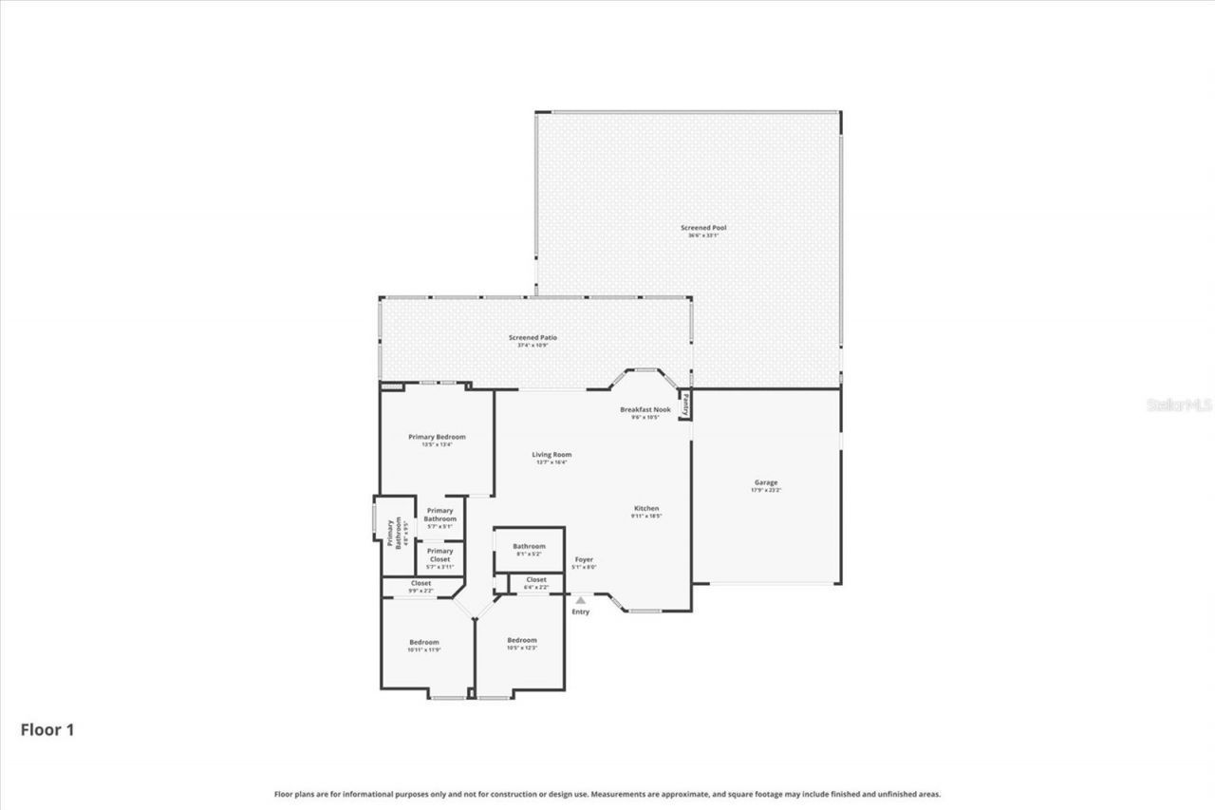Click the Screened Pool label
[x=702, y=228]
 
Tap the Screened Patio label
[x=533, y=337]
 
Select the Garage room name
[x=765, y=482]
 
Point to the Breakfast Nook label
[x=645, y=409]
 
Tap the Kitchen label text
[x=645, y=508]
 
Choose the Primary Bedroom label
[x=437, y=437]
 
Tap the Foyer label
[x=585, y=560]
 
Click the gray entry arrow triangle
[x=580, y=600]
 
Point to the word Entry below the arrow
[x=580, y=612]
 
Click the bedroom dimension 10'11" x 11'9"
[x=424, y=650]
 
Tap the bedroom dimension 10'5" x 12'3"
[x=522, y=648]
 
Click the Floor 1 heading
[x=47, y=730]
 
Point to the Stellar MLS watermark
[x=1180, y=405]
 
